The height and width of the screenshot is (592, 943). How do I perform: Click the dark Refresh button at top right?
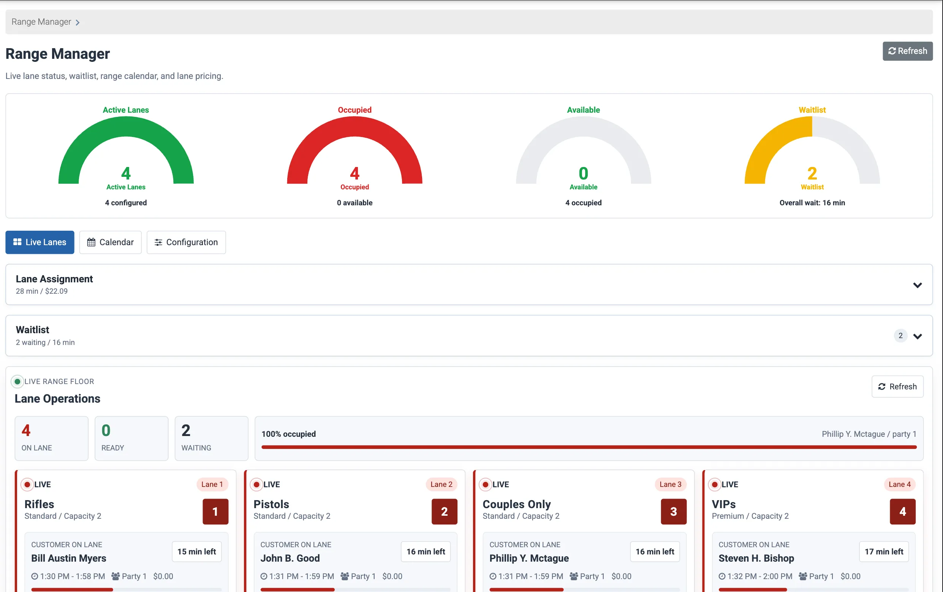point(907,51)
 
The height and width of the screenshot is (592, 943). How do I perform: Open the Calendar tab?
point(111,242)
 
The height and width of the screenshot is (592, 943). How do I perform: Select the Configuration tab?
point(186,242)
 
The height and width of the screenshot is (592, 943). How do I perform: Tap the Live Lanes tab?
point(40,242)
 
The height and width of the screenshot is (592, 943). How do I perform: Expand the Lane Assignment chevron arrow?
point(918,285)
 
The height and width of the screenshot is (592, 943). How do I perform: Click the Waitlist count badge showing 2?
point(900,336)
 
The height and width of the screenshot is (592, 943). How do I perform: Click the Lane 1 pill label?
point(212,484)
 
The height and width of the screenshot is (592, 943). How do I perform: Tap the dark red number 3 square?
point(674,512)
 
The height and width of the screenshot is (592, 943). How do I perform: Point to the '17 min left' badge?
point(884,552)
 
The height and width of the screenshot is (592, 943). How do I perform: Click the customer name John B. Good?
point(290,558)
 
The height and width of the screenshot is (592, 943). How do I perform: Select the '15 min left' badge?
point(196,552)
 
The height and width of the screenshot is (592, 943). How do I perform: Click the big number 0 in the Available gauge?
point(584,173)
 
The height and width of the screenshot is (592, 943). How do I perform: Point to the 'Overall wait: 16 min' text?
point(812,203)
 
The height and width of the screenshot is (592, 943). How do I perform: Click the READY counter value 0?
point(106,430)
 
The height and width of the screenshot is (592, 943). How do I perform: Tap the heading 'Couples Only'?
point(517,504)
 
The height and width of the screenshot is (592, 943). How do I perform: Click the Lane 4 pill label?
point(900,484)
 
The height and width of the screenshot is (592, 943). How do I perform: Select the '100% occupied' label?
point(289,434)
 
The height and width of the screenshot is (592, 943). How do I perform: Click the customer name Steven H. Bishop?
point(756,558)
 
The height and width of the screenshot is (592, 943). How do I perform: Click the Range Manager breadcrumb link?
point(41,22)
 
